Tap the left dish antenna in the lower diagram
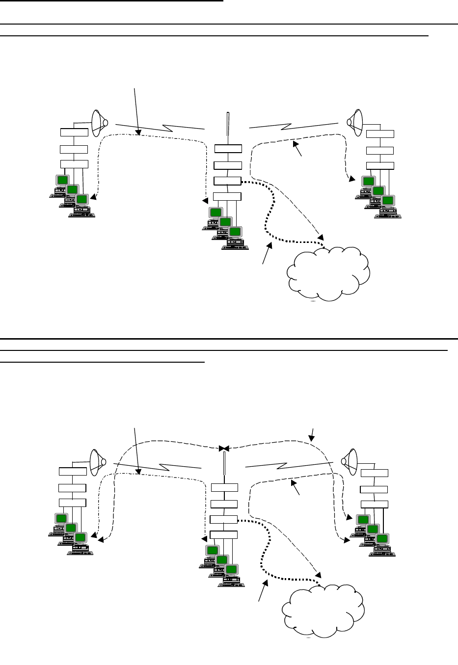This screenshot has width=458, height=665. coord(98,461)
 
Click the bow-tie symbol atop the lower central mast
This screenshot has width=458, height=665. coord(224,449)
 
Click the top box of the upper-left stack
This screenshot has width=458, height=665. coord(74,132)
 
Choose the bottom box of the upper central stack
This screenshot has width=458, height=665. coord(227,197)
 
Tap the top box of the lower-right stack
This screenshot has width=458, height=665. coord(374,473)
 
